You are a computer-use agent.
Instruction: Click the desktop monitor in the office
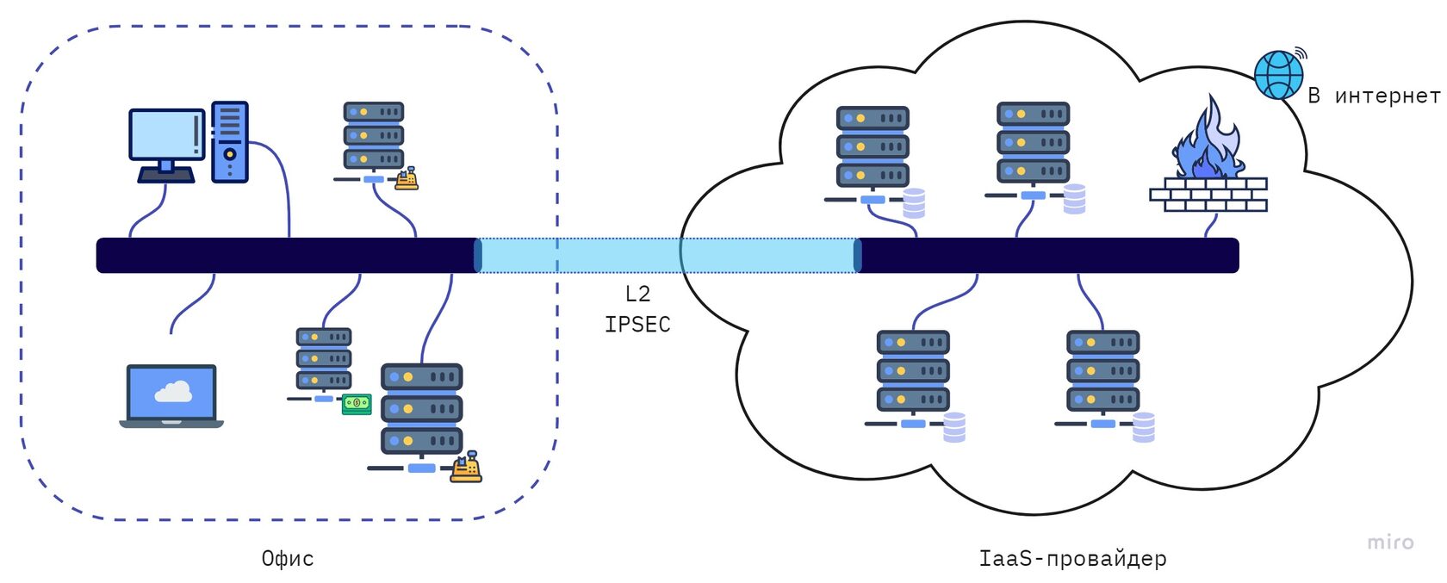[x=166, y=138]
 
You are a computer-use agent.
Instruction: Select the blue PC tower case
[x=230, y=141]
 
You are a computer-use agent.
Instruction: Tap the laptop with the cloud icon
[x=171, y=395]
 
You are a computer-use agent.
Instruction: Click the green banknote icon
[x=357, y=403]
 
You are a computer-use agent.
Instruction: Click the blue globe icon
[x=1278, y=75]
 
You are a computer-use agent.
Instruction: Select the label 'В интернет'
[x=1373, y=96]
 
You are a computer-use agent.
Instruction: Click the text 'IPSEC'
[x=637, y=325]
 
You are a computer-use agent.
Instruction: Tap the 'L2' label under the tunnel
[x=637, y=295]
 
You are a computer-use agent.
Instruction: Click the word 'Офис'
[x=288, y=559]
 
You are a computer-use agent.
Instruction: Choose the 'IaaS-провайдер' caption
[x=1072, y=559]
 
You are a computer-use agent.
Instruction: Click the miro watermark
[x=1390, y=543]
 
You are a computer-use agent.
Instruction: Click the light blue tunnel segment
[x=668, y=256]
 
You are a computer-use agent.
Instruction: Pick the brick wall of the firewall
[x=1208, y=195]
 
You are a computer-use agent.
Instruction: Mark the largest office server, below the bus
[x=422, y=409]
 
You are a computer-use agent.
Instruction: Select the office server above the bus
[x=374, y=136]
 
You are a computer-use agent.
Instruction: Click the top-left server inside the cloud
[x=873, y=146]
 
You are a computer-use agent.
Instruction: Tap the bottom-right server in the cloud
[x=1103, y=371]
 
